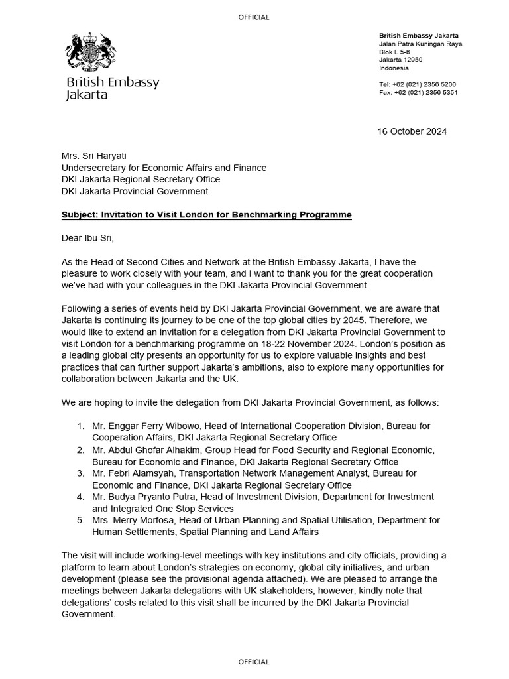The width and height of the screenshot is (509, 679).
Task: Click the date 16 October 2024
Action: point(412,131)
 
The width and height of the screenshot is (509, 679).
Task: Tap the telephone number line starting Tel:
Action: point(417,84)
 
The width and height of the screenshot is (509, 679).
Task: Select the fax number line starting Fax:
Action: point(418,93)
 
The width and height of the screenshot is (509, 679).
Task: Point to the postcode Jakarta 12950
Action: point(400,60)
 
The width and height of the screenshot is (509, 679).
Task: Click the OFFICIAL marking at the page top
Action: point(254,17)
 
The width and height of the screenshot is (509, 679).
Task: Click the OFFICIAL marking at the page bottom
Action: point(254,662)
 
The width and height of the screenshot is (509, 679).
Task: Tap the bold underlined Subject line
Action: point(206,216)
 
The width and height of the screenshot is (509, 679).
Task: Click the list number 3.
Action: point(80,473)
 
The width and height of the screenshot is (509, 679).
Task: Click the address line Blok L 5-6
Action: point(394,52)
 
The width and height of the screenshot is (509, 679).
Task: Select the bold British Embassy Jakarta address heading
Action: point(419,35)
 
